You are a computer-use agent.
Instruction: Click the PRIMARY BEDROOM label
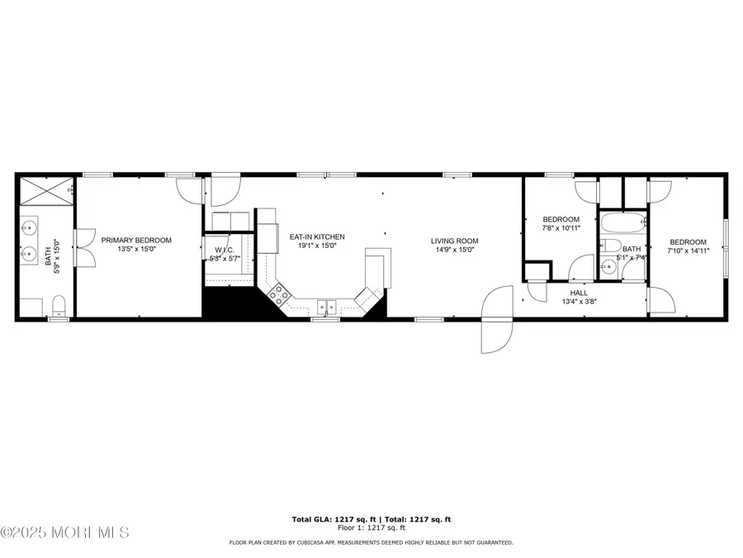[136, 241]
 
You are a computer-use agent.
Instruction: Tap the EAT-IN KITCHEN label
[317, 237]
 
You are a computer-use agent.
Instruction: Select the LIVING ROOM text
[454, 241]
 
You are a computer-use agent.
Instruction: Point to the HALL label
[579, 293]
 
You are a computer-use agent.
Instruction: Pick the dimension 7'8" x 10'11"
[561, 228]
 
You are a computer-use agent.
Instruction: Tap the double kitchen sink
[328, 305]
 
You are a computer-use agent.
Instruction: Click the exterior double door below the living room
[498, 318]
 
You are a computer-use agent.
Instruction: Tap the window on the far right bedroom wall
[726, 246]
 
